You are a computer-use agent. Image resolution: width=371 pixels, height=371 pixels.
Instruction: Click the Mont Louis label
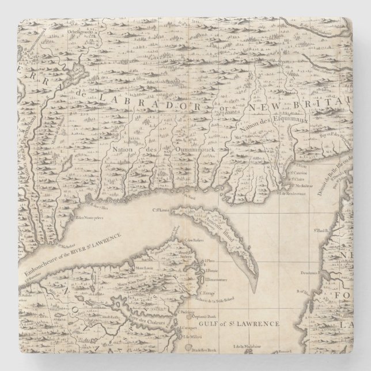(x=143, y=268)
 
